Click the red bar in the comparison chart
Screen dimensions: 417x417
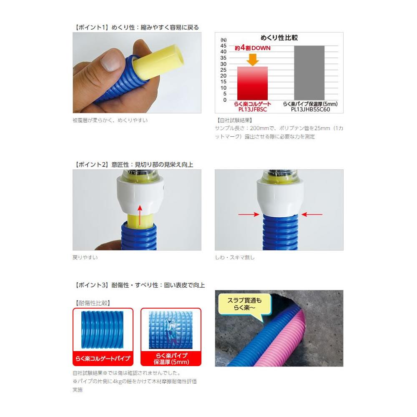(x=252, y=83)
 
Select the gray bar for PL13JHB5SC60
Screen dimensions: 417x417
(x=309, y=73)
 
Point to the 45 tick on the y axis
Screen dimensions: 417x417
(x=224, y=46)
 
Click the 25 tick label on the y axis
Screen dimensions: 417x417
(x=224, y=70)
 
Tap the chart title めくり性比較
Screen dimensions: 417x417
(x=279, y=38)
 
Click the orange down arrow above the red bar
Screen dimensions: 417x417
(x=253, y=60)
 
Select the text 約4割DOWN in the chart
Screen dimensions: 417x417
(x=252, y=48)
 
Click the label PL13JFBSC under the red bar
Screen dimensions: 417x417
(x=252, y=109)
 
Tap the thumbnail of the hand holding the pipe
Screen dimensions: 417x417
(x=137, y=73)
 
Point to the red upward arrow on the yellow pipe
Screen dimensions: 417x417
(x=140, y=216)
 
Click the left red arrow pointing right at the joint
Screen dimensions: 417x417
(x=249, y=214)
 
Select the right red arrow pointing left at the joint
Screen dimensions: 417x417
(x=312, y=214)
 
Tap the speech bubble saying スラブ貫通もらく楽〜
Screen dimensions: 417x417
(x=244, y=304)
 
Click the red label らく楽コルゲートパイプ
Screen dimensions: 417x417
(x=103, y=359)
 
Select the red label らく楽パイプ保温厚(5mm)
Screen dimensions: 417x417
(x=171, y=359)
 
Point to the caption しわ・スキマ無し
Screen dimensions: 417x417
(x=234, y=257)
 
